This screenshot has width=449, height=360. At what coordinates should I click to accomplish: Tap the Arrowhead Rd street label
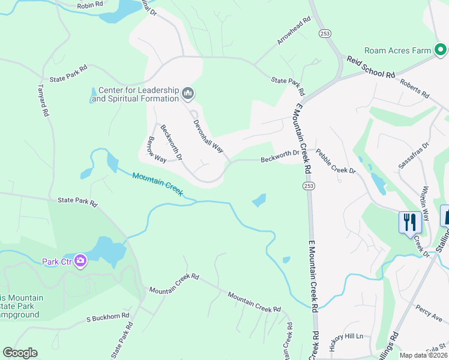tap(294, 29)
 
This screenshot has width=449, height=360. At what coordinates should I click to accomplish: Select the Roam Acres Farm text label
tap(406, 51)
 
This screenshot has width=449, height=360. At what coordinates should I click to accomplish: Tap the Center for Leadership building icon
tap(188, 93)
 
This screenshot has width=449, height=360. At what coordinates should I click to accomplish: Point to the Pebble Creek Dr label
tap(336, 162)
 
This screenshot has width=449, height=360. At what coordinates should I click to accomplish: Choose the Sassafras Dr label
tap(414, 155)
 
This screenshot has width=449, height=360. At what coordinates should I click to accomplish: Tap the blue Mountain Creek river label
tap(157, 184)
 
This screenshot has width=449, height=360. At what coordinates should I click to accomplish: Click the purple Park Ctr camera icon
tap(80, 261)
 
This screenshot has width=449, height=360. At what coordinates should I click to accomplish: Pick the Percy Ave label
tap(427, 313)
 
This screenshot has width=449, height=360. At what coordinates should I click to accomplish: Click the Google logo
tap(20, 353)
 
